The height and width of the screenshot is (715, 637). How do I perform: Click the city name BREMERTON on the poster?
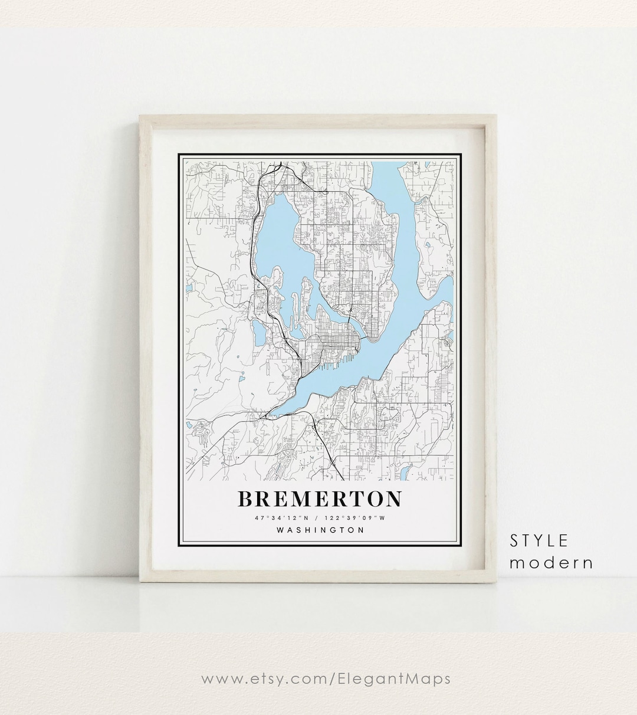pyautogui.click(x=320, y=499)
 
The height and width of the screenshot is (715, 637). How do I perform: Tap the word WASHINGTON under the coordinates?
pyautogui.click(x=320, y=530)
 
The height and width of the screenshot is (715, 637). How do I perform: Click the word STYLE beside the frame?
pyautogui.click(x=539, y=540)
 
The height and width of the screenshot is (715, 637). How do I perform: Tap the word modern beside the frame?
pyautogui.click(x=551, y=562)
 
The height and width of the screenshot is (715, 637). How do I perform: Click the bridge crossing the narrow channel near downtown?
pyautogui.click(x=350, y=322)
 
